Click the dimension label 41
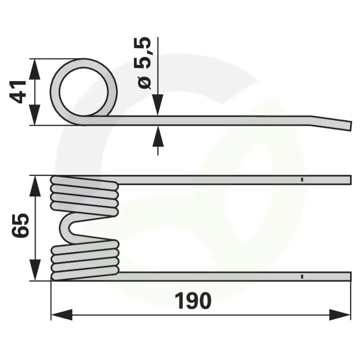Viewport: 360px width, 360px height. (18, 92)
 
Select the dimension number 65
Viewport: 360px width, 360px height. (20, 225)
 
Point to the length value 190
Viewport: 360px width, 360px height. (193, 301)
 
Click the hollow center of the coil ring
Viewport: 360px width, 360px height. (84, 91)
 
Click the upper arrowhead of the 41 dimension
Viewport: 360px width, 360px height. (35, 69)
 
